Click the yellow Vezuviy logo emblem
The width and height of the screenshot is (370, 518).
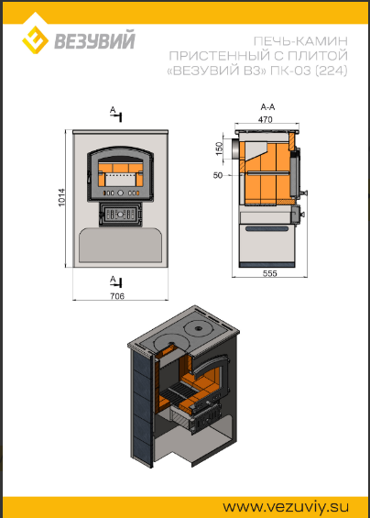(x=36, y=40)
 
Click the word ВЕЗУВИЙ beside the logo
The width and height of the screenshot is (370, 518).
(x=94, y=40)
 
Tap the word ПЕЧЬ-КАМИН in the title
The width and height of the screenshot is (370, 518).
(x=300, y=41)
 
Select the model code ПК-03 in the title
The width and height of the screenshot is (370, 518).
(x=290, y=71)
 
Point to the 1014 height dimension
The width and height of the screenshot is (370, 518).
(x=62, y=197)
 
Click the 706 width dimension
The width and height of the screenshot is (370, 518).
(x=117, y=296)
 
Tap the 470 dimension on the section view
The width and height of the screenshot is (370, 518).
(x=266, y=119)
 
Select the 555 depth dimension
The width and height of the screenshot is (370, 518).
(x=269, y=273)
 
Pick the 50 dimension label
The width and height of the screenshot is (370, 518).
(x=218, y=175)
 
